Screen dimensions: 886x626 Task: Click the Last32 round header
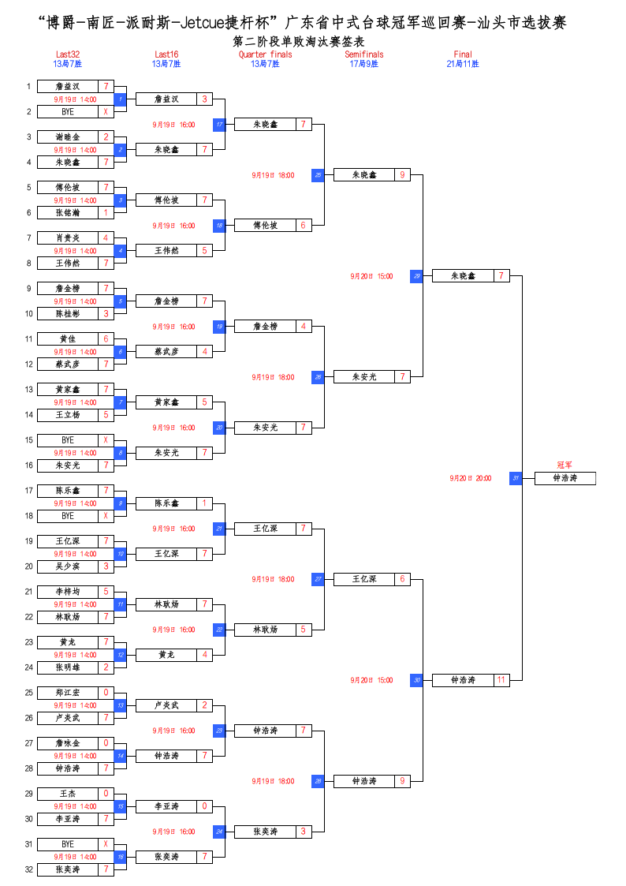click(x=68, y=54)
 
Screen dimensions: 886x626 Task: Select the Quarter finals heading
click(x=265, y=54)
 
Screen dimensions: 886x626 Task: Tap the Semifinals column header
click(x=364, y=54)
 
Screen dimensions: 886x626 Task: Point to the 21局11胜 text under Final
click(x=463, y=64)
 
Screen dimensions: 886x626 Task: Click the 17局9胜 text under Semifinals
click(x=364, y=64)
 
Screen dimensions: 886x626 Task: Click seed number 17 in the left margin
click(x=29, y=491)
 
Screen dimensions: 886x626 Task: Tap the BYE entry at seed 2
click(x=68, y=112)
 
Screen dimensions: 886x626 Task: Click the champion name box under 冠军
click(x=565, y=478)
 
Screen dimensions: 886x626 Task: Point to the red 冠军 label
click(x=565, y=465)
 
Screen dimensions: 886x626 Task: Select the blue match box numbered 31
click(x=516, y=478)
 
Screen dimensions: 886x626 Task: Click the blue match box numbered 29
click(x=416, y=276)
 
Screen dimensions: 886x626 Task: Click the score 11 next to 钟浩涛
click(x=501, y=680)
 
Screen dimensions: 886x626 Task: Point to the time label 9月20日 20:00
click(x=471, y=478)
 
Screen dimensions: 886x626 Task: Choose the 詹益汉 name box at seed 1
click(x=68, y=87)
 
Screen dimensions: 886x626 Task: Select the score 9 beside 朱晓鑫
click(x=402, y=175)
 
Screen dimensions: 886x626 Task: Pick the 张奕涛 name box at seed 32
click(x=68, y=869)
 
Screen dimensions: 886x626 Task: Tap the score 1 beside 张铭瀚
click(x=106, y=213)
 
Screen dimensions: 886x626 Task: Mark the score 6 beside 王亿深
click(x=402, y=579)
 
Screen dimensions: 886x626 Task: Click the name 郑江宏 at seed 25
click(x=68, y=693)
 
